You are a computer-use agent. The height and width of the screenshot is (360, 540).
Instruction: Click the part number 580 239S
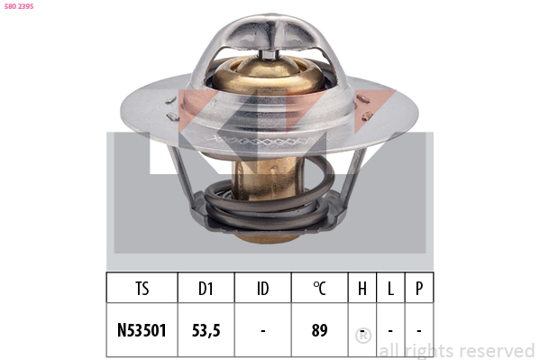tap(19, 6)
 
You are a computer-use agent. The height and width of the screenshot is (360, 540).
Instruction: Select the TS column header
tap(142, 289)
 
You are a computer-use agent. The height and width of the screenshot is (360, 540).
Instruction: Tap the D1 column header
tap(206, 289)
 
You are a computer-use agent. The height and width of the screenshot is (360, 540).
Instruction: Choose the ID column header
tap(262, 289)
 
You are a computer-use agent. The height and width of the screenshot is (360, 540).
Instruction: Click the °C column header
tap(320, 289)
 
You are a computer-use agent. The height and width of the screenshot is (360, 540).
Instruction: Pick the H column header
tap(362, 289)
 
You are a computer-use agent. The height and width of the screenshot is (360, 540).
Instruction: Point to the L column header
tap(390, 289)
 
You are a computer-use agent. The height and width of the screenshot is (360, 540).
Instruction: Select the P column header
tap(419, 289)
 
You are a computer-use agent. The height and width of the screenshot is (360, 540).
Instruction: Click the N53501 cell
tap(142, 330)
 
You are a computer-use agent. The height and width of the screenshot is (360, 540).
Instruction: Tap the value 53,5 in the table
tap(206, 330)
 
